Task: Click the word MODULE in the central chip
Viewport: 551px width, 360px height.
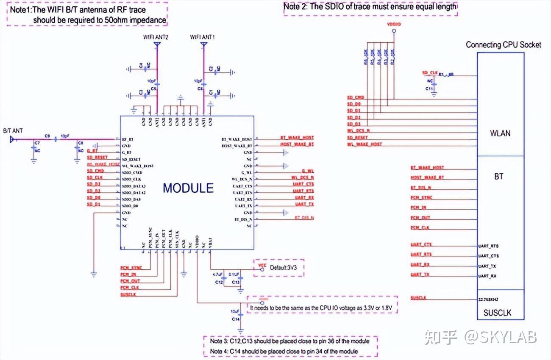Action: click(188, 188)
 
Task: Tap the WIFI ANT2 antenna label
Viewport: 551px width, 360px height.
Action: click(156, 37)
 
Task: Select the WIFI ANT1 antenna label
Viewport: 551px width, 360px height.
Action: click(202, 37)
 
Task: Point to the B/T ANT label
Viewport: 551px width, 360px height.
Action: click(13, 131)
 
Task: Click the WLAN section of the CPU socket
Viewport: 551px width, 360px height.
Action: click(500, 133)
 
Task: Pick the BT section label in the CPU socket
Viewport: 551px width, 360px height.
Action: click(498, 176)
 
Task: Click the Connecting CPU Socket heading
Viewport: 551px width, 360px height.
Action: click(503, 44)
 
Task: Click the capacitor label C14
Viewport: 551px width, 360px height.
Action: click(236, 318)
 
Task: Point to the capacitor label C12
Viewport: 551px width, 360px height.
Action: click(219, 282)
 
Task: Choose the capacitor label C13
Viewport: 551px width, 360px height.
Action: click(236, 282)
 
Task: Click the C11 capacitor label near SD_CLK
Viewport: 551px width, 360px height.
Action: click(429, 89)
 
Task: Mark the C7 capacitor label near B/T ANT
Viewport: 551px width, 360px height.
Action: click(37, 144)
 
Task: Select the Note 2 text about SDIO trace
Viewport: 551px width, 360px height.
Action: click(370, 6)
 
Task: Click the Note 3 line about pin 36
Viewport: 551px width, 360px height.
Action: click(289, 341)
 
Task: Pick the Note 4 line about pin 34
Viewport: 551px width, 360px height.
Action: click(284, 351)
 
